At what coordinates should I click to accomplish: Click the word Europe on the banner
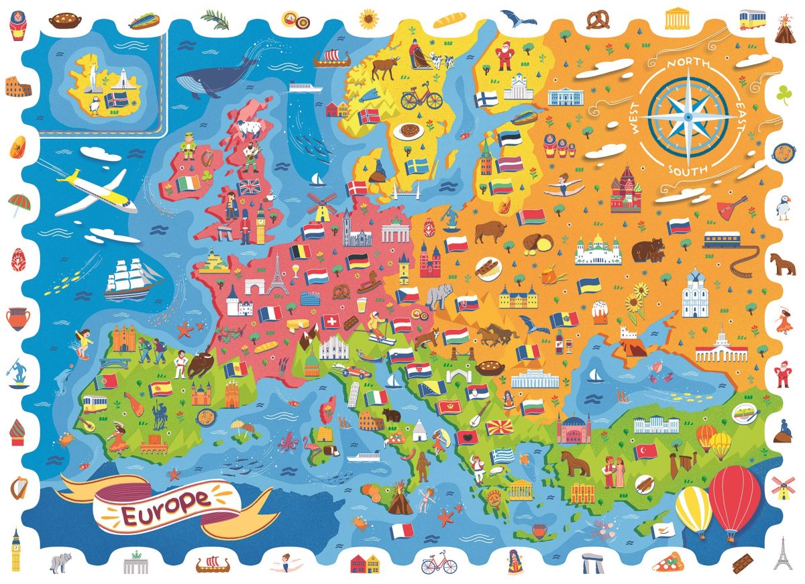coord(165,500)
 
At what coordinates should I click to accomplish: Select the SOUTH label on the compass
coord(687,170)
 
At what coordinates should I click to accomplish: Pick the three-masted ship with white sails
coord(131,276)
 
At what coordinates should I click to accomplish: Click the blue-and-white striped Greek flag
coord(502,456)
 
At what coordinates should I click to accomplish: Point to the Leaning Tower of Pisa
coord(352,400)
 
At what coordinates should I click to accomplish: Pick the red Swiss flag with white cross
coord(329,323)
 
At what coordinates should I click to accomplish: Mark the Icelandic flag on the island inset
coord(118,100)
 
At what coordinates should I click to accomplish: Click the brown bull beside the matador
coord(201,365)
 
